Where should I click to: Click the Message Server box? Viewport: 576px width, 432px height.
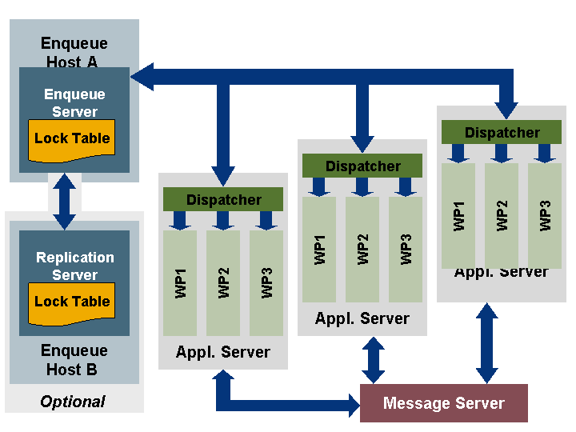[x=444, y=403]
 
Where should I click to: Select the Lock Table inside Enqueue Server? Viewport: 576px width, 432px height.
[x=72, y=139]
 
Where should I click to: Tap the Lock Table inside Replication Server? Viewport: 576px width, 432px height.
[x=72, y=302]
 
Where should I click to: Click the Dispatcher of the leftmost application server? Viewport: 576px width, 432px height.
[x=224, y=199]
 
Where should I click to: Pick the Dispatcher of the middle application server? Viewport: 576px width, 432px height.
[x=362, y=166]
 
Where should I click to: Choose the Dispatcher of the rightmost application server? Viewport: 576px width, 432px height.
[x=502, y=132]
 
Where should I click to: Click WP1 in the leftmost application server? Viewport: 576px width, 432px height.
[x=180, y=283]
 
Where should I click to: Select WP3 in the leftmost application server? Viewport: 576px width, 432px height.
[x=266, y=283]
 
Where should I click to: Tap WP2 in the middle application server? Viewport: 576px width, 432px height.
[x=362, y=250]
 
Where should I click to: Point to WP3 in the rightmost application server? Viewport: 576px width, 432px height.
[x=545, y=215]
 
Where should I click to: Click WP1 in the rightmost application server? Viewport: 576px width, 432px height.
[x=458, y=215]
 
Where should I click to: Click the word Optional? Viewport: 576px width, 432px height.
[x=73, y=402]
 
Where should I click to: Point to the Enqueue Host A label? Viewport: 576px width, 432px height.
[x=74, y=52]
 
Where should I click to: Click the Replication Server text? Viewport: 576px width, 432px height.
[x=75, y=266]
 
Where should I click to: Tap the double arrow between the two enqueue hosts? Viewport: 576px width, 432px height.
[x=64, y=202]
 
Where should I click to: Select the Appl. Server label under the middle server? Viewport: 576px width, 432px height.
[x=362, y=318]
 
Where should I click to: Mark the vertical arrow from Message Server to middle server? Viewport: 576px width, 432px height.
[x=373, y=360]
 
